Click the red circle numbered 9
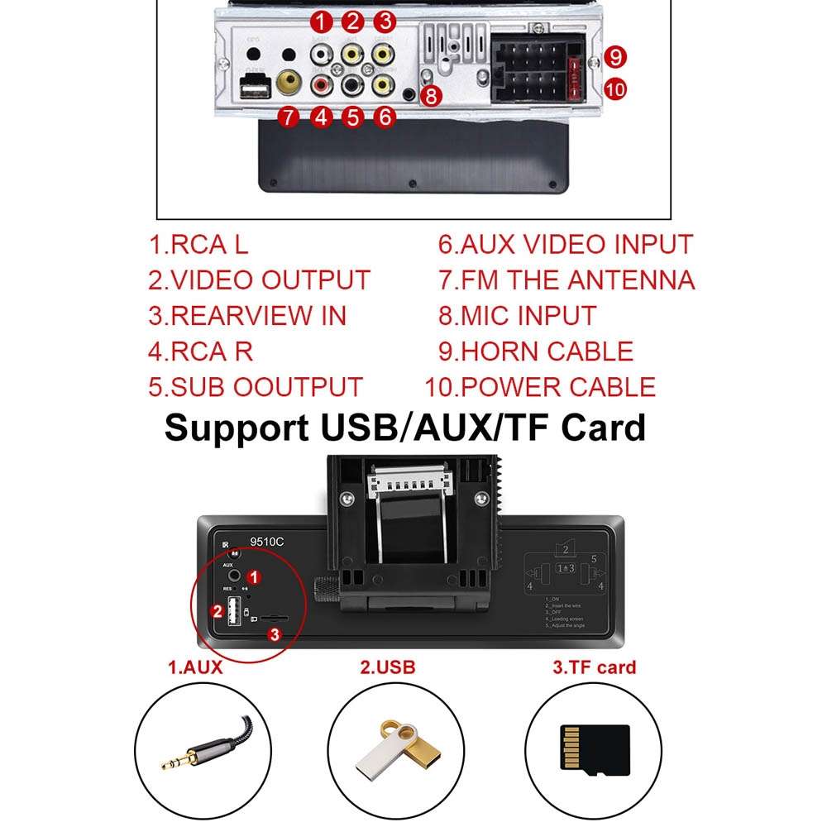click(614, 57)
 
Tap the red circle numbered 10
click(615, 88)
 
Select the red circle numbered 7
click(288, 117)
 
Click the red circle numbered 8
click(431, 96)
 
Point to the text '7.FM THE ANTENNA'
click(566, 280)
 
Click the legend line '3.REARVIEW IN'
click(247, 316)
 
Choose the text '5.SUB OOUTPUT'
click(256, 387)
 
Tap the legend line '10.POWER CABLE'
click(540, 387)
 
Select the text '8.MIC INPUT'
click(517, 316)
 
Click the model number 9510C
click(267, 543)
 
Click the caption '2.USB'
click(387, 667)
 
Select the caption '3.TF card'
click(595, 667)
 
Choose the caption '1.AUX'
click(196, 667)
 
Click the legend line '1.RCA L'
click(198, 245)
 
